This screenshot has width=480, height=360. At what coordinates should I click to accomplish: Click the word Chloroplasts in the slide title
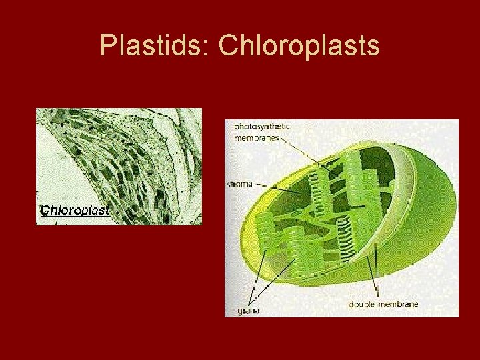click(x=299, y=45)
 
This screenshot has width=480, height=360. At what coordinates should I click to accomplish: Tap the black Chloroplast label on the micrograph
click(x=74, y=211)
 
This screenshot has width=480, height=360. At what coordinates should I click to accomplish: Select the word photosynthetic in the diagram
click(x=262, y=126)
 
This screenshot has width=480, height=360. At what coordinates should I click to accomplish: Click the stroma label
click(x=241, y=183)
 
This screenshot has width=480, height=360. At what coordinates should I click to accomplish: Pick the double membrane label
click(x=383, y=305)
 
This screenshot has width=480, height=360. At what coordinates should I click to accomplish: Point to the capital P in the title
click(x=107, y=45)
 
